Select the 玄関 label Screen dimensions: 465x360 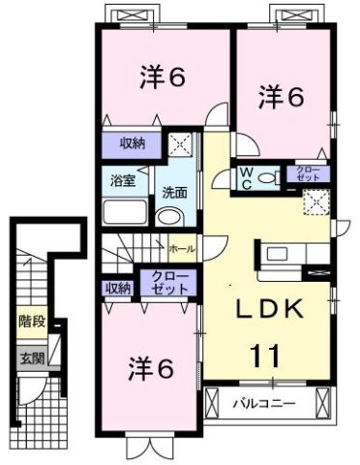click(31, 357)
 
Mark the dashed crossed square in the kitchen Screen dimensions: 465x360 click(316, 202)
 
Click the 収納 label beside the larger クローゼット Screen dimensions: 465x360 click(118, 288)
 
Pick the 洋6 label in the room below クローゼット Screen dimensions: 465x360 click(152, 368)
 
